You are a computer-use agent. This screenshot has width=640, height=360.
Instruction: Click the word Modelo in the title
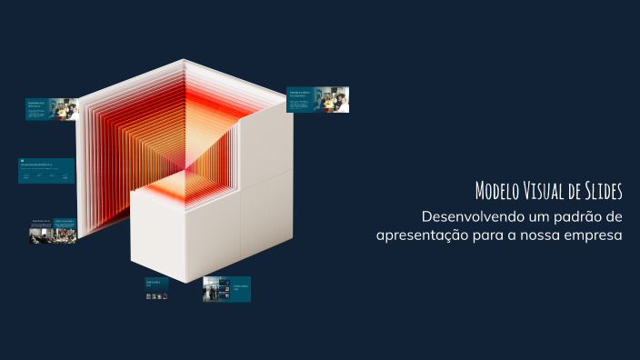[497, 191]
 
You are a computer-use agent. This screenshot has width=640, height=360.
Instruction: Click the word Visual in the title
[550, 191]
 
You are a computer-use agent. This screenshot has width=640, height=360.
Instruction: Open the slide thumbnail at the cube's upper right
[317, 100]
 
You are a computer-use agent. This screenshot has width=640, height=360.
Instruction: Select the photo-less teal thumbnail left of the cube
[45, 171]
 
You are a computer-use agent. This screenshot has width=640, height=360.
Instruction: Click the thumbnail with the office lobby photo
[226, 289]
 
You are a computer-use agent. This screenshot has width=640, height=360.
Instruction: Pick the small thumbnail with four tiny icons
[156, 289]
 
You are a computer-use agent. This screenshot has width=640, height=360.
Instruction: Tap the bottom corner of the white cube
[187, 281]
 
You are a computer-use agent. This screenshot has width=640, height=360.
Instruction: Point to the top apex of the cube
[185, 61]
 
